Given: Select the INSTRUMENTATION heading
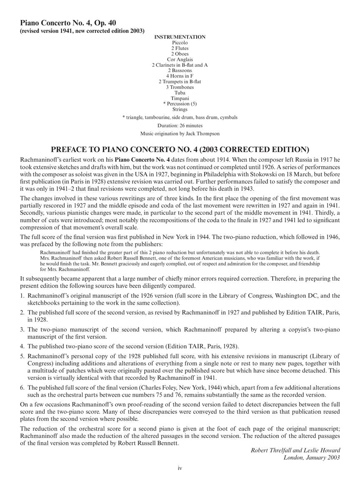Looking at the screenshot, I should tap(180, 37).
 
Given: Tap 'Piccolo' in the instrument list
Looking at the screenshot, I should tap(180, 43).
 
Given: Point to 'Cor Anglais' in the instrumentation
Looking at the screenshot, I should tap(180, 60).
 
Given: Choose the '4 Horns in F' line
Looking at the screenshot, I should tap(180, 76).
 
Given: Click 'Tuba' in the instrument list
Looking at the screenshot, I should tap(180, 93).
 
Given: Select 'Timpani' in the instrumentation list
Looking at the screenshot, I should tap(180, 98).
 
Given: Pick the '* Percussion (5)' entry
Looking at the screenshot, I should tap(180, 104).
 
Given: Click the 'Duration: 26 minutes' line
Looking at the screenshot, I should tap(180, 125).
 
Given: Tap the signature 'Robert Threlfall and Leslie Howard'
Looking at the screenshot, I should tap(295, 450).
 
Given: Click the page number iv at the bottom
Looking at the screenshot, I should tap(180, 468).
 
